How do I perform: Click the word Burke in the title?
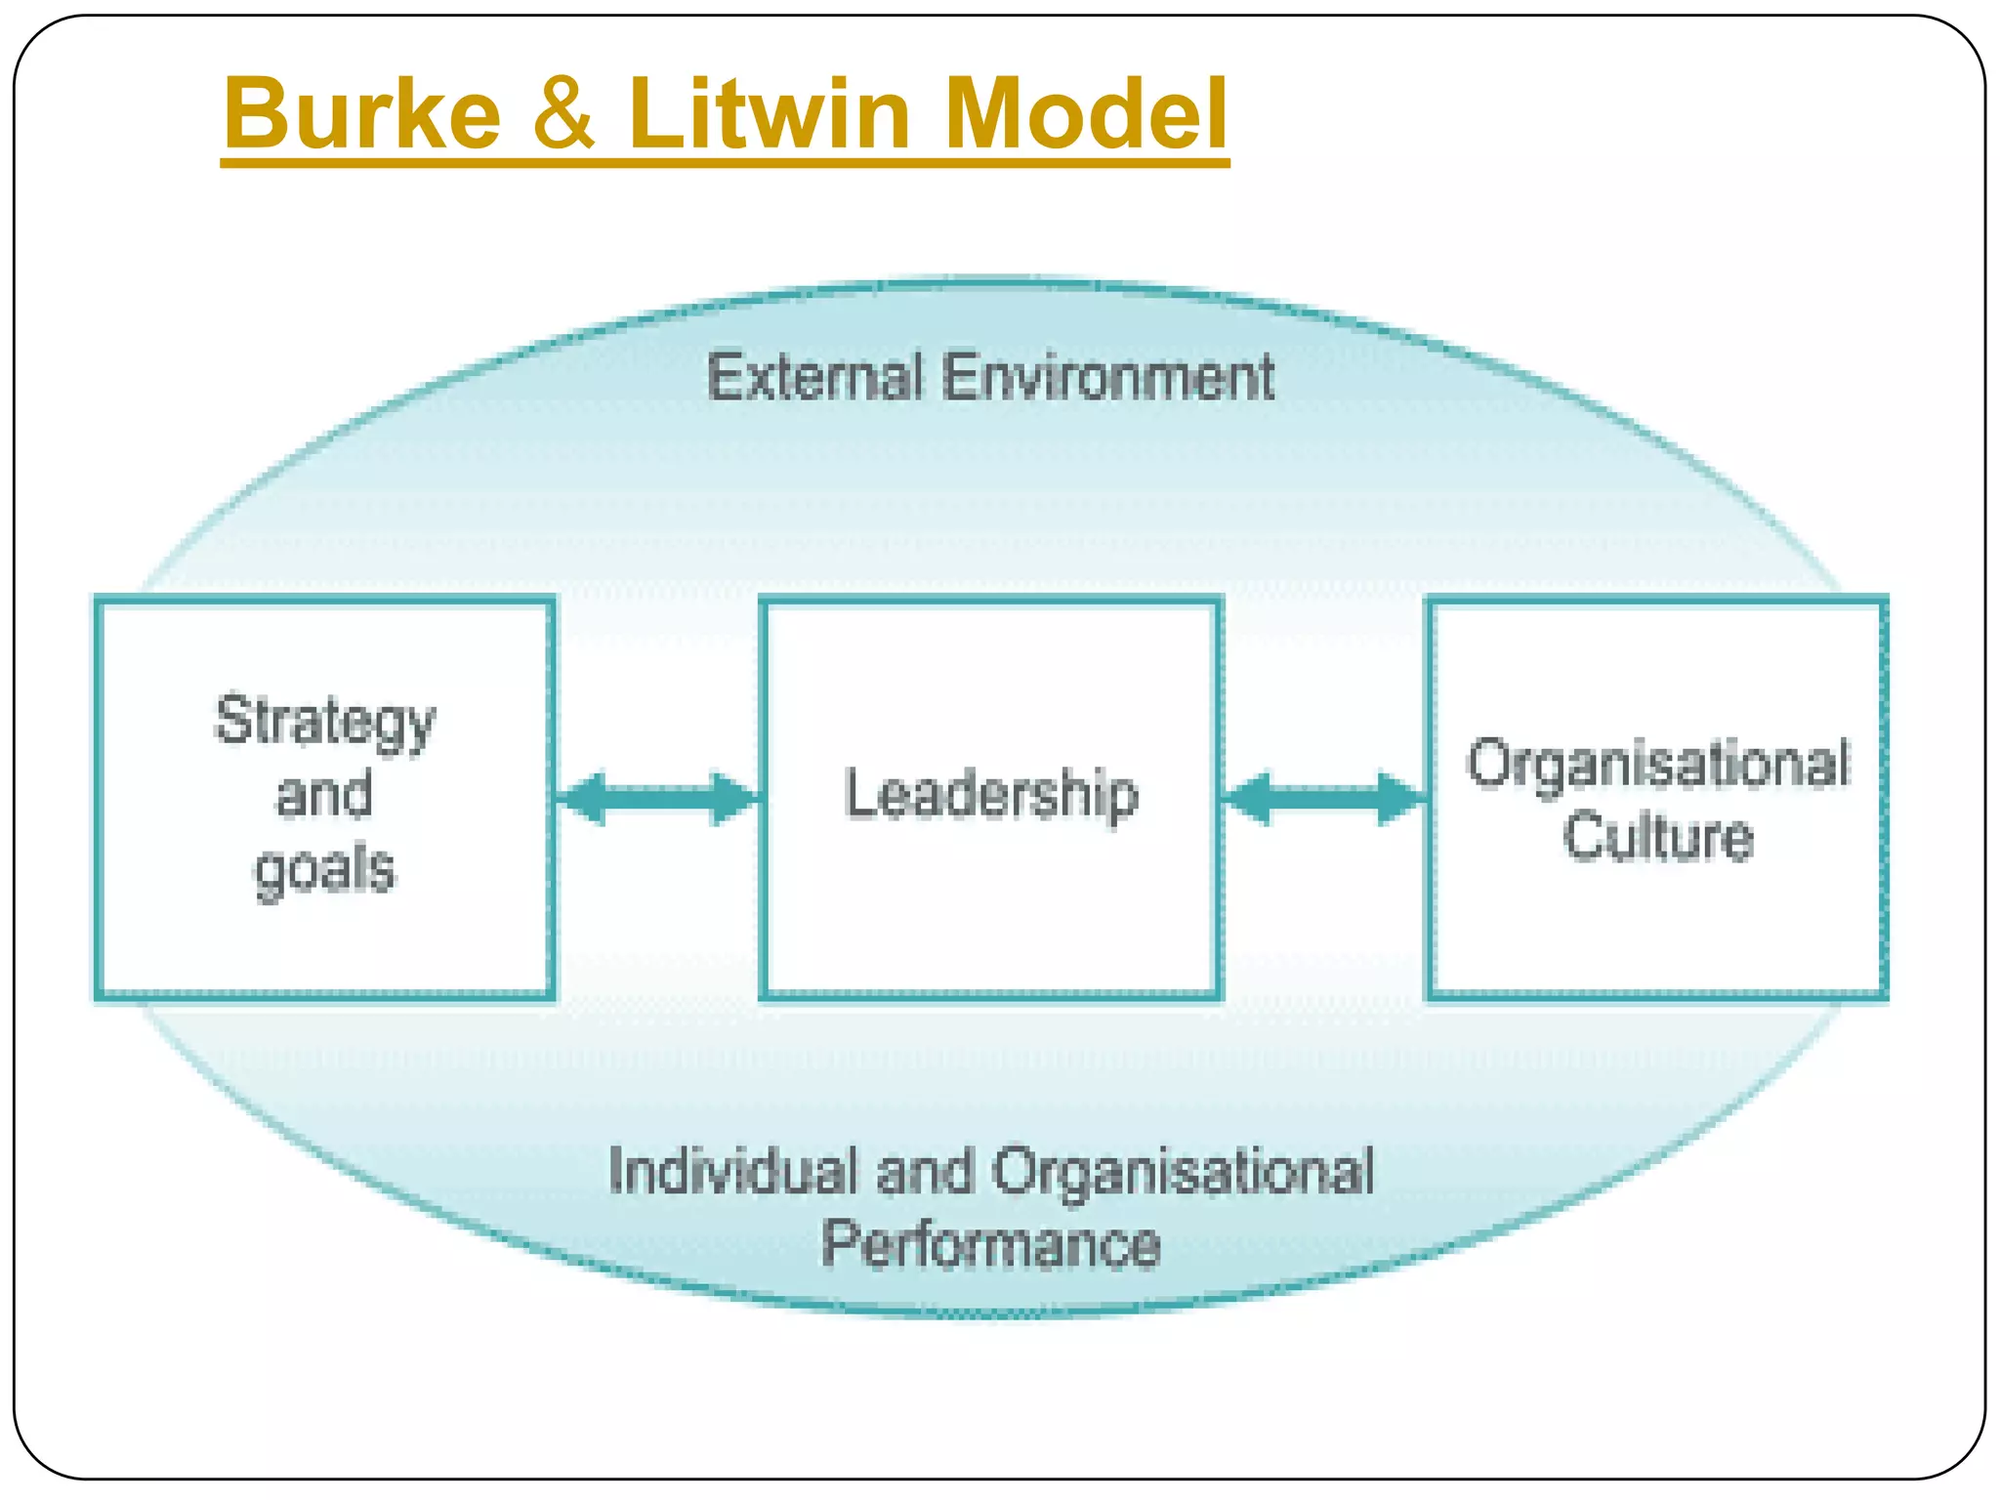(x=362, y=113)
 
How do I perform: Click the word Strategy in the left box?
(x=325, y=723)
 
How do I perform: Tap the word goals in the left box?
(x=325, y=869)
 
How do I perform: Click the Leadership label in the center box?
(x=991, y=794)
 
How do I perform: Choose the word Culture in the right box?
(x=1658, y=837)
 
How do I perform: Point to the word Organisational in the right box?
(x=1658, y=764)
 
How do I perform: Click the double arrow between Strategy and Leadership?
(x=657, y=799)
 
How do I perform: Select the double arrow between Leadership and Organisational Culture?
(x=1324, y=799)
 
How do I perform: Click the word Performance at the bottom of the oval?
(x=991, y=1245)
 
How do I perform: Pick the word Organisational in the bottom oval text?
(x=1184, y=1171)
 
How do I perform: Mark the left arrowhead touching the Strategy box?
(x=584, y=799)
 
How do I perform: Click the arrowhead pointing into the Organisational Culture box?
(x=1398, y=799)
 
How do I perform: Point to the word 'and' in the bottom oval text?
(x=926, y=1171)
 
